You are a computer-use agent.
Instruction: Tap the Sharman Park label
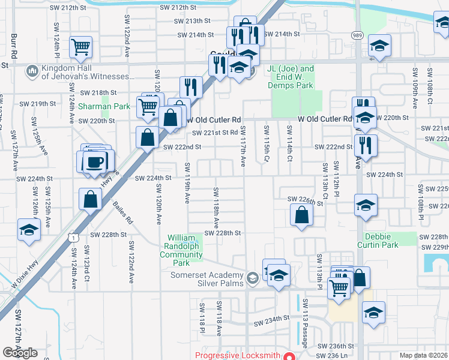click(x=104, y=107)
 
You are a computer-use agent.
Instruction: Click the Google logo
click(x=20, y=353)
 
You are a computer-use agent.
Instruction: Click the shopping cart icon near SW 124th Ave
click(x=80, y=47)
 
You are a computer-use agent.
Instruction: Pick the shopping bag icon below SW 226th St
click(x=301, y=215)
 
